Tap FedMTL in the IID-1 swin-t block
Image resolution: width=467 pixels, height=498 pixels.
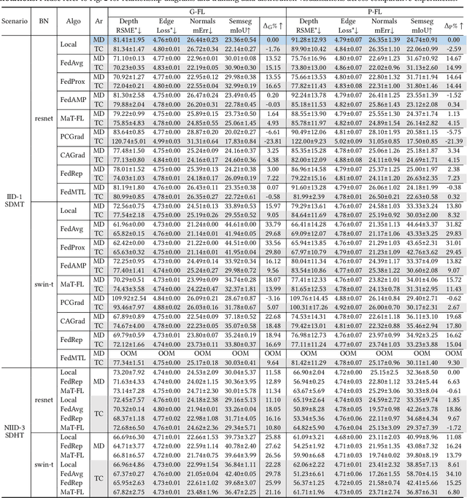pyautogui.click(x=72, y=358)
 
